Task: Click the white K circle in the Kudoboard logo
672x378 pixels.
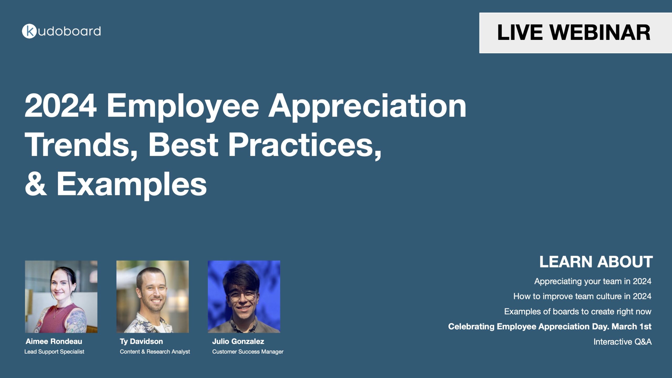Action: [29, 31]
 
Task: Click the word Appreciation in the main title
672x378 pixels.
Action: [367, 106]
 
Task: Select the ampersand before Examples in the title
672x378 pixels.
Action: [36, 183]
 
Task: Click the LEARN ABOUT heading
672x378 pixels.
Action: [596, 262]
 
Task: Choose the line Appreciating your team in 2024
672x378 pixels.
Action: [593, 281]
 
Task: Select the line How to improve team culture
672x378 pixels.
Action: [582, 296]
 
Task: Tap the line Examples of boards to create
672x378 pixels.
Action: [577, 312]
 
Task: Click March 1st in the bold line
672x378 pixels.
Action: [631, 327]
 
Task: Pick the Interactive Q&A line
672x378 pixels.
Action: [622, 342]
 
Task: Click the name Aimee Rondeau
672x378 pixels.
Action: [54, 342]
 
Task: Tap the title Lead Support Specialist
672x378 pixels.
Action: [54, 352]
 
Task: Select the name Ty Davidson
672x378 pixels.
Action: [141, 342]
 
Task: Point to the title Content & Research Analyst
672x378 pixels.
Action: [155, 352]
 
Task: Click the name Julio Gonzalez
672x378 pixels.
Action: [238, 342]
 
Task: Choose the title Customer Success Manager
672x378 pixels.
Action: [248, 352]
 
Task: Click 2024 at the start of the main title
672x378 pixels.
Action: [60, 106]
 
